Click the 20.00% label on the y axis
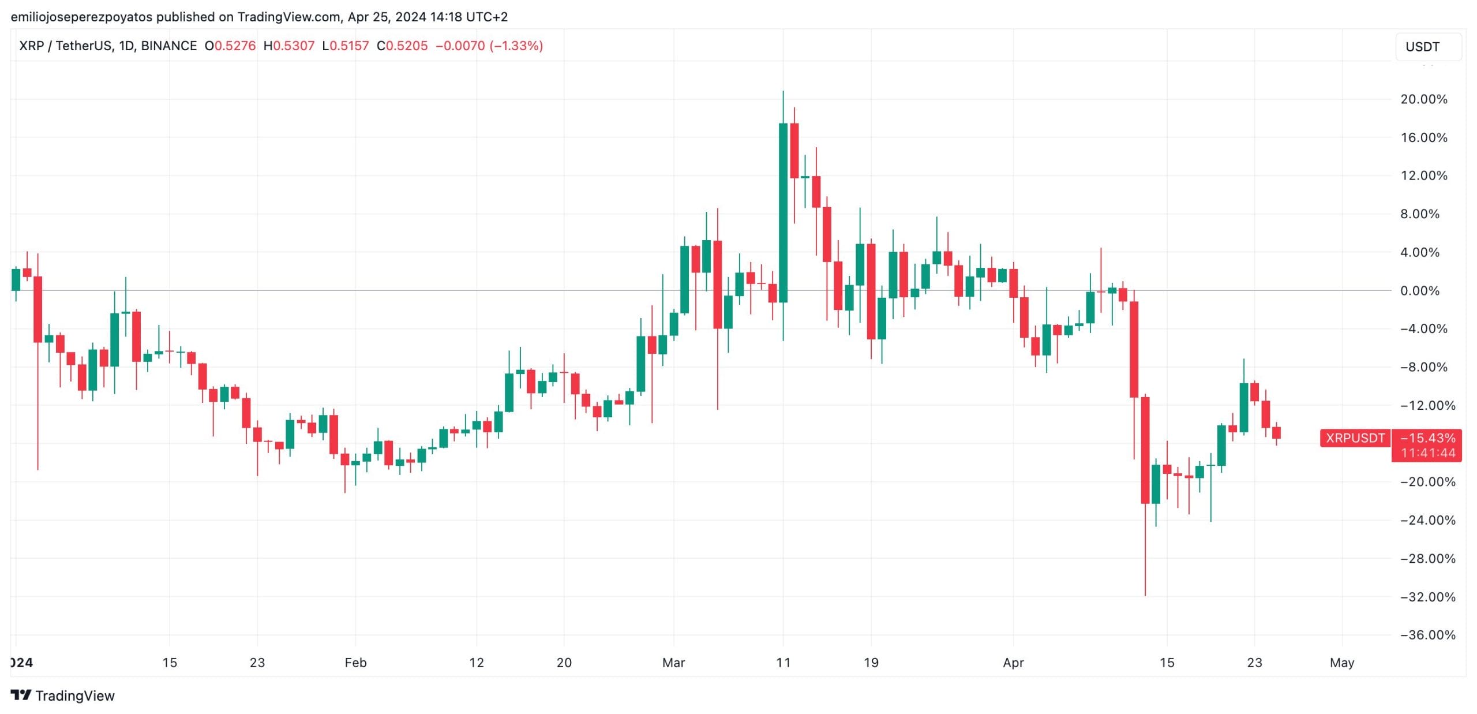(1423, 99)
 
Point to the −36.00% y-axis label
(1427, 635)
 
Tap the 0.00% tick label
(1419, 291)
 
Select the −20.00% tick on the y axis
(1427, 482)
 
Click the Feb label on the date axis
(355, 663)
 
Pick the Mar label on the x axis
(673, 663)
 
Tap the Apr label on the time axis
(1013, 663)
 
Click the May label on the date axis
(1341, 663)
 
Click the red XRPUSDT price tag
(1355, 438)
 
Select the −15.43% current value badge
(1427, 439)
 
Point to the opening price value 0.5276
(235, 46)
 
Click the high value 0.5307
(294, 46)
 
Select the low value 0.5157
(349, 46)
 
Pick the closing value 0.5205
(407, 46)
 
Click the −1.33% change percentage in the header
(516, 46)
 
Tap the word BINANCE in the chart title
(168, 46)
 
